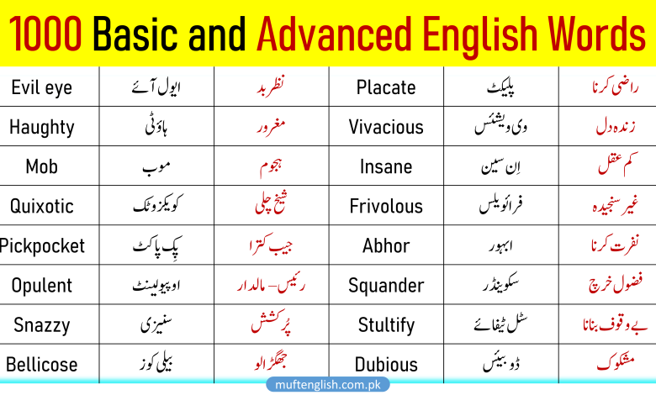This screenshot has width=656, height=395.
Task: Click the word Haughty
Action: (41, 127)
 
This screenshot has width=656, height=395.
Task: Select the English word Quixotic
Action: (41, 206)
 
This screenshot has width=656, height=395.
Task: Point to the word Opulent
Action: (41, 285)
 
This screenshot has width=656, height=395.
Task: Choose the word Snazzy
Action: (41, 324)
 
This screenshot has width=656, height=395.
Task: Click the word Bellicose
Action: (41, 365)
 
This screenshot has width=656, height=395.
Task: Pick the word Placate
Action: (386, 87)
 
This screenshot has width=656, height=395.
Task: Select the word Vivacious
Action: (386, 127)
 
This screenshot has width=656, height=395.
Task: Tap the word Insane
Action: (386, 166)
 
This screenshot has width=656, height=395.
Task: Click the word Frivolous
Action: (386, 206)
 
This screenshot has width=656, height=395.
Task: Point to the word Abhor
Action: (386, 245)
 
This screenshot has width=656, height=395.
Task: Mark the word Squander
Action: (386, 285)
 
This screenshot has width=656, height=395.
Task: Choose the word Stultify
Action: (386, 324)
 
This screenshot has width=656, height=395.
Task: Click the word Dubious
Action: (386, 365)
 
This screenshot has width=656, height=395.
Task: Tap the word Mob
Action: (41, 166)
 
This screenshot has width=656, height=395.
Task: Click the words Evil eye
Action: (41, 87)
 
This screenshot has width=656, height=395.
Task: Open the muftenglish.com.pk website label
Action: (328, 384)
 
